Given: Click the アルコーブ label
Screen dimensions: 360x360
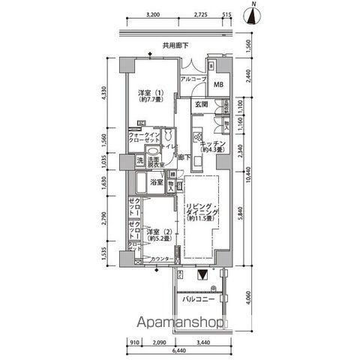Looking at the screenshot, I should coord(193,79).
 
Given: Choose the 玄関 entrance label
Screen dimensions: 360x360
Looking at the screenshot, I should coord(201,105).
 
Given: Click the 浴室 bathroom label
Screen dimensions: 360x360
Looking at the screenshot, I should coord(156,182).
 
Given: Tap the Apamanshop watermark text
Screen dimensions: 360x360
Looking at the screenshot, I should coord(179,325).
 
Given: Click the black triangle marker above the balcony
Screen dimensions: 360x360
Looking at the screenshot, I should coord(202,275).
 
